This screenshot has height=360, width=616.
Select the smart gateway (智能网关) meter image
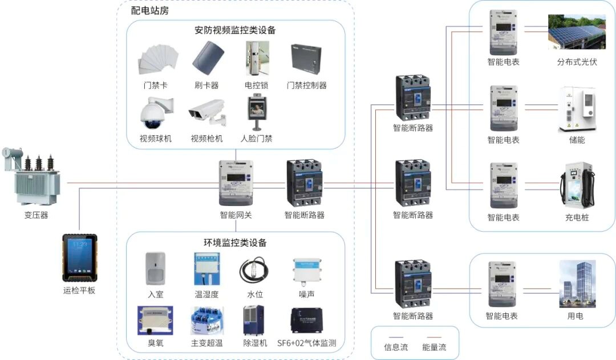pyautogui.click(x=236, y=183)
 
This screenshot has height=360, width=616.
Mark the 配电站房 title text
pyautogui.click(x=149, y=11)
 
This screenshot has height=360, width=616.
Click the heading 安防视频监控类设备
pyautogui.click(x=235, y=30)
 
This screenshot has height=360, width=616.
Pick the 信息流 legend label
pyautogui.click(x=396, y=347)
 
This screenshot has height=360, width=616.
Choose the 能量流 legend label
pyautogui.click(x=434, y=347)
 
